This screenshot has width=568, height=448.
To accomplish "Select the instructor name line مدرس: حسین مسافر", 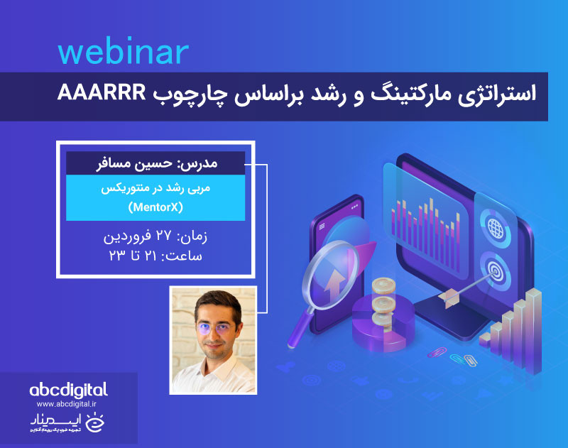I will [x=155, y=163].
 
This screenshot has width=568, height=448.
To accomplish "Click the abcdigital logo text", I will [x=68, y=389].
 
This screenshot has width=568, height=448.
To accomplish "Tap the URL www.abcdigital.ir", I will [x=68, y=403].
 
